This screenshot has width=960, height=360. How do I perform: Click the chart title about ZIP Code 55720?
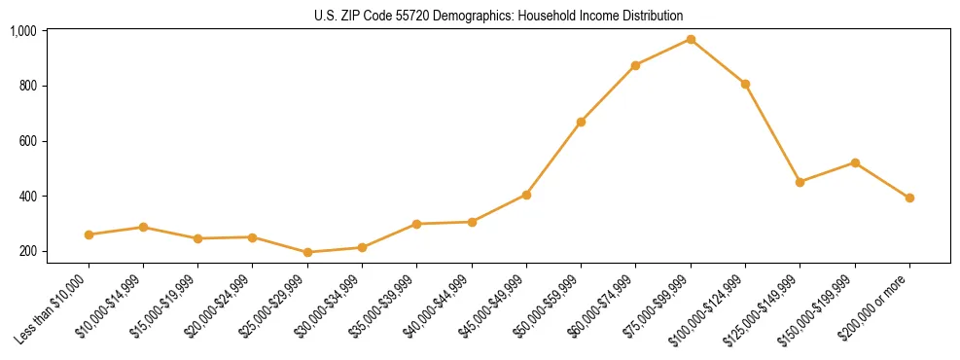point(498,16)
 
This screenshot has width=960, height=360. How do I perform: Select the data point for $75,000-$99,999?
point(691,39)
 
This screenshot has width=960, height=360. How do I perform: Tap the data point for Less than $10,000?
point(89,234)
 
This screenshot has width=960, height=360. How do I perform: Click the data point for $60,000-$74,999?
point(635,65)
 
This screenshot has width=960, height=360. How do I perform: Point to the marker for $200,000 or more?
point(909,198)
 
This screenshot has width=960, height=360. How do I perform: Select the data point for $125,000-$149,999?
point(800,182)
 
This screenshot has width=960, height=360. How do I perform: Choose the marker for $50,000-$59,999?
point(581,122)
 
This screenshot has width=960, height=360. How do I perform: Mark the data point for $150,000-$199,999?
point(855,162)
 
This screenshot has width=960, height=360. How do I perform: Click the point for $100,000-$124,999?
point(745,84)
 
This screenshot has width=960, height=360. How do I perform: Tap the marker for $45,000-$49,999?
point(526,195)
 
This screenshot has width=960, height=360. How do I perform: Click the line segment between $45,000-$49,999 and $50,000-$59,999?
point(553,159)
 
